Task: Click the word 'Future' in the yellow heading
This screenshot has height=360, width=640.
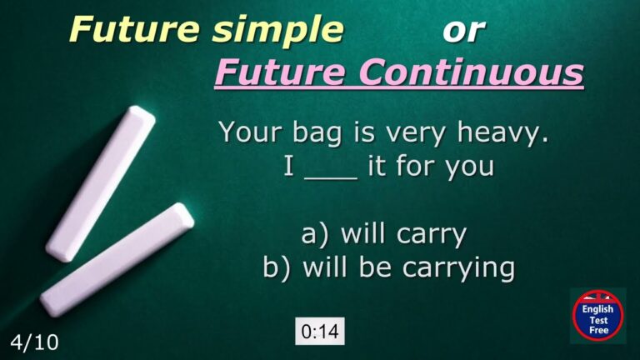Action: coord(133,29)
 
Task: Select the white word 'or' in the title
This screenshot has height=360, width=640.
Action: coord(463,30)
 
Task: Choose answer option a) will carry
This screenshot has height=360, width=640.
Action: coord(383,235)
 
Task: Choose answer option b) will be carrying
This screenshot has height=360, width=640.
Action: coord(388,267)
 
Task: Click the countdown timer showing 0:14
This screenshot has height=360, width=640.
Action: coord(320,332)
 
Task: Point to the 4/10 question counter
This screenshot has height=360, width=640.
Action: coord(34,342)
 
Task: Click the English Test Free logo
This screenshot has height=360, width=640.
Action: coord(597,316)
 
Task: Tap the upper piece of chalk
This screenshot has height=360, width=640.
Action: coord(100,182)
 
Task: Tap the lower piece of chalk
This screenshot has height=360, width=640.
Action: coord(117,259)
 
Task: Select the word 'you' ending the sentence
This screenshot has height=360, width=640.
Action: coord(467,167)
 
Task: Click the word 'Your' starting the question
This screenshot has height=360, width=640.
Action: coord(247,132)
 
